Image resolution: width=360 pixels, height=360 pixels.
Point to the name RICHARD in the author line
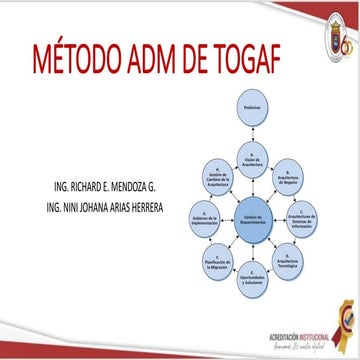pos(83,188)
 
